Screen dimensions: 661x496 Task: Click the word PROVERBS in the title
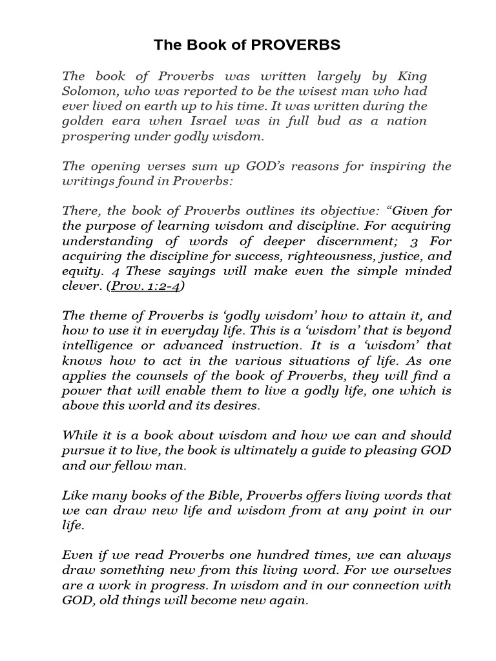pyautogui.click(x=294, y=45)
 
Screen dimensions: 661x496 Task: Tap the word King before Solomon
pyautogui.click(x=412, y=76)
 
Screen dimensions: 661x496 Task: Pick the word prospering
pyautogui.click(x=92, y=136)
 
